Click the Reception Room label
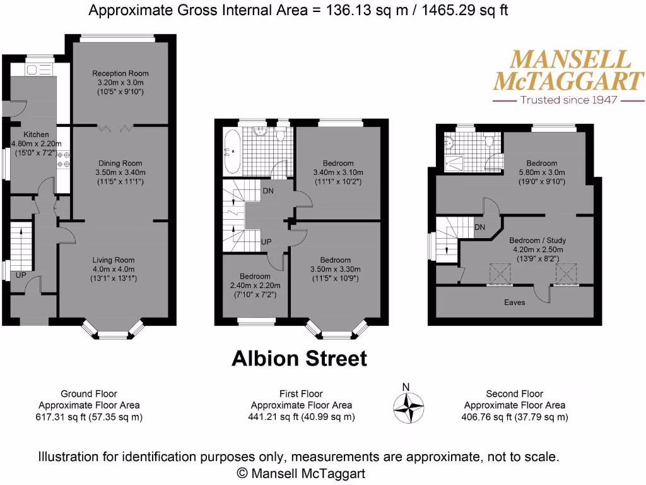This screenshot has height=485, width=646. [x=120, y=73]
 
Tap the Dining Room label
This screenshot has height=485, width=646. [x=120, y=164]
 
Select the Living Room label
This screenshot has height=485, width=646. [x=114, y=260]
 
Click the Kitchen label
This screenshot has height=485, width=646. [x=36, y=135]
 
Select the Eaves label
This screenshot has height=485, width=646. [x=514, y=302]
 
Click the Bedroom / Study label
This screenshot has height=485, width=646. [x=537, y=241]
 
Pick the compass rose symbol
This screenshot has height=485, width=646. [x=409, y=407]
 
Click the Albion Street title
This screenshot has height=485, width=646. [x=299, y=359]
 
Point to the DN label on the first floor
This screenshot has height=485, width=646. [x=267, y=191]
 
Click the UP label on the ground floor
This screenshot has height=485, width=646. [x=21, y=275]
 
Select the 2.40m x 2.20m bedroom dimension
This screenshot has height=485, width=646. [x=255, y=285]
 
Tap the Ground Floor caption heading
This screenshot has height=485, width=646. [x=89, y=393]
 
